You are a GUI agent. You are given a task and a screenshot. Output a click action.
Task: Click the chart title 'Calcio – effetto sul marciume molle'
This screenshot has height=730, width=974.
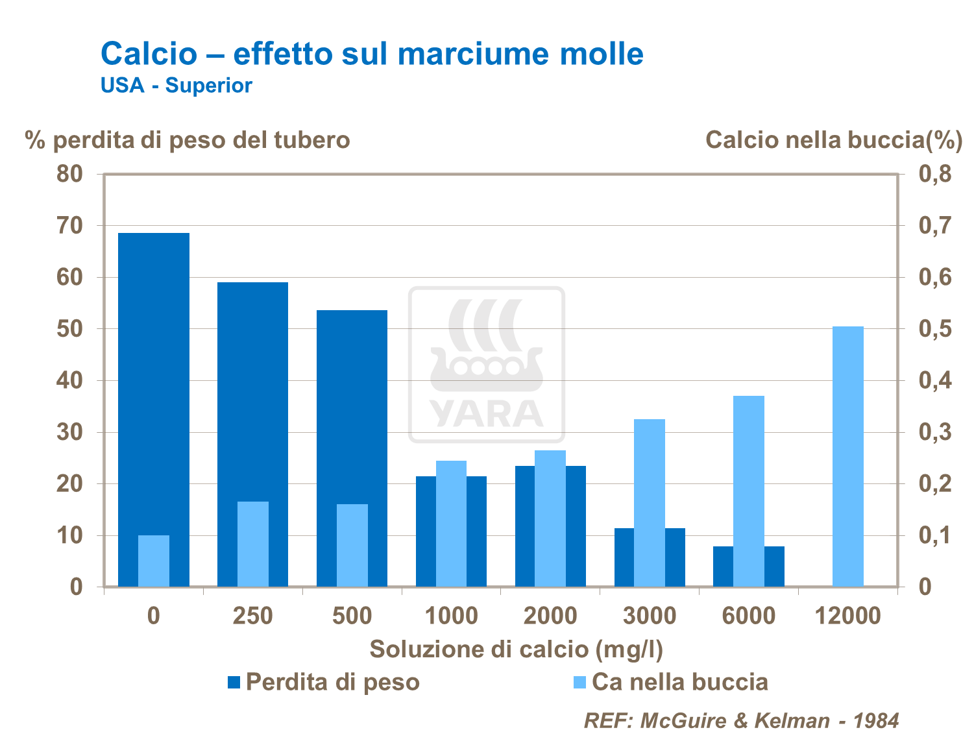(372, 53)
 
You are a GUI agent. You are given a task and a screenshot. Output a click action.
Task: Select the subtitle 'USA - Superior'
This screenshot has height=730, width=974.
(176, 85)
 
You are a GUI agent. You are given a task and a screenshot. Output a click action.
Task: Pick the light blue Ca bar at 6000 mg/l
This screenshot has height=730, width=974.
(749, 491)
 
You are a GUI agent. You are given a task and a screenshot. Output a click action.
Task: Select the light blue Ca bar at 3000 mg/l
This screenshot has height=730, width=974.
(650, 502)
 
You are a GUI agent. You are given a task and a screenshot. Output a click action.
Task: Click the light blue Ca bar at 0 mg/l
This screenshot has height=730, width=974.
(154, 561)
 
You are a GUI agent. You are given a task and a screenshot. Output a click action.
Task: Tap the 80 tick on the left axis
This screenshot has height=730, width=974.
(70, 174)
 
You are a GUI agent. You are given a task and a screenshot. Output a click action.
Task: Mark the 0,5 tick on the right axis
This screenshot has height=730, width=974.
(934, 329)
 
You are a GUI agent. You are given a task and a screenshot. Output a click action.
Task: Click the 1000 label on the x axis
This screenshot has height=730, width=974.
(451, 615)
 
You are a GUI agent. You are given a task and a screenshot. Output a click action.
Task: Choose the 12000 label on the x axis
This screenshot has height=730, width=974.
(848, 615)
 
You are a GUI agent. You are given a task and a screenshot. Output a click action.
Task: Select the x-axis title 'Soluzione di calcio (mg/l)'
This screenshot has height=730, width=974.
(516, 649)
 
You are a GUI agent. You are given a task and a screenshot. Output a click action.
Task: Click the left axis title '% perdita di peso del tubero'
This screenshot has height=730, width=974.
(188, 140)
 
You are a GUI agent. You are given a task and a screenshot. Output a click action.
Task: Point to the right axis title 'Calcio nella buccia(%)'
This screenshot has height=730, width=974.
(833, 140)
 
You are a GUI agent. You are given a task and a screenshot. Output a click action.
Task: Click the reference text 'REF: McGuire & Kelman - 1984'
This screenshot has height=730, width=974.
(742, 720)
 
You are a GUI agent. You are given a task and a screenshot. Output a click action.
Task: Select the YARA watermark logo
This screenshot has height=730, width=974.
(487, 365)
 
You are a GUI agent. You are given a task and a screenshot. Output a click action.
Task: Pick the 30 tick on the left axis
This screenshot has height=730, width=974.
(70, 432)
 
